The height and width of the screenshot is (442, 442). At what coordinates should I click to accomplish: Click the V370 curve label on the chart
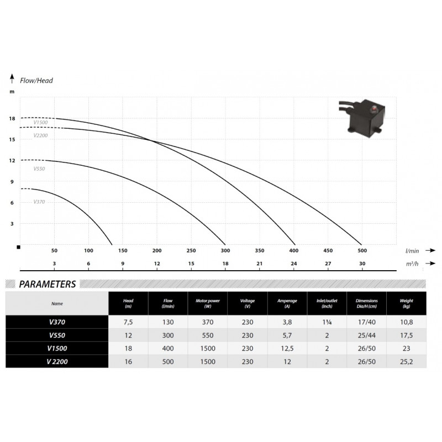click(x=39, y=202)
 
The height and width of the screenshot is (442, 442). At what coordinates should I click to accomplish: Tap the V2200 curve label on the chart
click(x=40, y=135)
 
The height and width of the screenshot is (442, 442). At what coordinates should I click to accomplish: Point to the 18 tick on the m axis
click(x=12, y=119)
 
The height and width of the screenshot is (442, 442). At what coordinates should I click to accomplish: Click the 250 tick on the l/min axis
click(x=191, y=251)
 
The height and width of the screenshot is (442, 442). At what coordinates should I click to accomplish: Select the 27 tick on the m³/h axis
click(x=328, y=264)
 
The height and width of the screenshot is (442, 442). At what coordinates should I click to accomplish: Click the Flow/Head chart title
click(x=36, y=81)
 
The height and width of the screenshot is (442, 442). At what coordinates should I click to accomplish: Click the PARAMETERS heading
click(x=48, y=284)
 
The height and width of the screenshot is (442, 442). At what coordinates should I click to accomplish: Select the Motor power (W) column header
click(x=208, y=303)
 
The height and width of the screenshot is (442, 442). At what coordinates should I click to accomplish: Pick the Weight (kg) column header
click(x=406, y=303)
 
